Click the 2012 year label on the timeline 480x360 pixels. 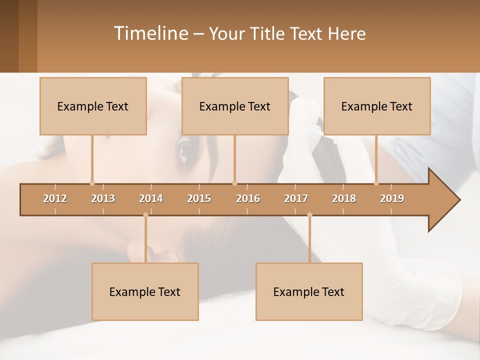[55, 198]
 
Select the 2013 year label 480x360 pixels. [103, 198]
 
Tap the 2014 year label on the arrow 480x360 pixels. [151, 198]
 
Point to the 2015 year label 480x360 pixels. [199, 198]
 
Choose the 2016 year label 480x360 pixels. [248, 198]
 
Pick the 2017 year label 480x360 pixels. [296, 198]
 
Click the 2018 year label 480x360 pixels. [344, 198]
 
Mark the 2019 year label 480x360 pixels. [392, 198]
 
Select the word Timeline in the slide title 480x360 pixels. [150, 33]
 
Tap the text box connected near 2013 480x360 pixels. [93, 106]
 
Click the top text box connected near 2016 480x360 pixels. [235, 106]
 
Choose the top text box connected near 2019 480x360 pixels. [377, 106]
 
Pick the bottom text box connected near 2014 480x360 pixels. [145, 291]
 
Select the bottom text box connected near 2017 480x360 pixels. [309, 291]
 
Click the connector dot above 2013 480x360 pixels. [92, 183]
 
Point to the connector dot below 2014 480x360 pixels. [145, 215]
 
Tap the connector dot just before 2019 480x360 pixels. [376, 183]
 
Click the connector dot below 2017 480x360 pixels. [309, 215]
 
